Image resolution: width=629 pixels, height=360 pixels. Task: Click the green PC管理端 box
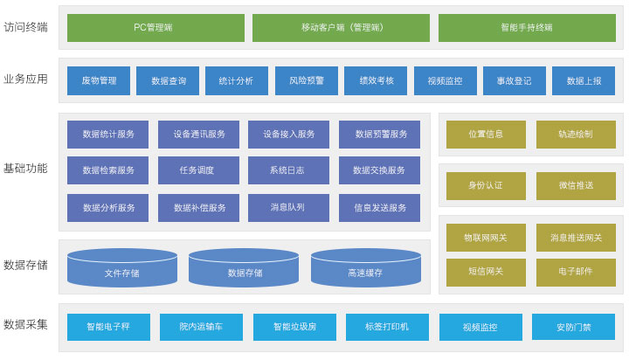(x=156, y=27)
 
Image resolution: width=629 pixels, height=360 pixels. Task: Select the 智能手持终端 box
(x=526, y=27)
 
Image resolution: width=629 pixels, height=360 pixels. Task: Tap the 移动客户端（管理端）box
(x=341, y=27)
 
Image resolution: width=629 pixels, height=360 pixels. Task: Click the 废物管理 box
(x=99, y=80)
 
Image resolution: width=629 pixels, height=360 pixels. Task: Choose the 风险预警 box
(x=307, y=80)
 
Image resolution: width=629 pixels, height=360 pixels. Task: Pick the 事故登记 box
(x=515, y=80)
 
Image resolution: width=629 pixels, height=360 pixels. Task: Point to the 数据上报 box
(x=584, y=80)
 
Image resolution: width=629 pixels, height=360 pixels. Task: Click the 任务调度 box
(x=197, y=170)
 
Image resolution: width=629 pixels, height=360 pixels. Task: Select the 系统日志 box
(x=288, y=170)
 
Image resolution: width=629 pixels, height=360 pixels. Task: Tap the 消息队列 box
(x=288, y=207)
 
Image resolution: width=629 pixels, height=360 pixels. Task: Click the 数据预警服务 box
(x=380, y=134)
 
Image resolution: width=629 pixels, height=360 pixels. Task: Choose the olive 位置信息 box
(x=486, y=134)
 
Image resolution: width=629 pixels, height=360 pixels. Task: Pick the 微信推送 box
(x=576, y=185)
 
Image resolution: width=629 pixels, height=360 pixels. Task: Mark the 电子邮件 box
(x=576, y=271)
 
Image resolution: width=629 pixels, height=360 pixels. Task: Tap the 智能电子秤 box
(x=108, y=327)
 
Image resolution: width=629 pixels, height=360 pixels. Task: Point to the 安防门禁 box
(x=573, y=327)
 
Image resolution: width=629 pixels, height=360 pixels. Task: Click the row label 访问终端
(x=26, y=27)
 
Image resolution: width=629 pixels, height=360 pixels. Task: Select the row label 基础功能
(x=26, y=168)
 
